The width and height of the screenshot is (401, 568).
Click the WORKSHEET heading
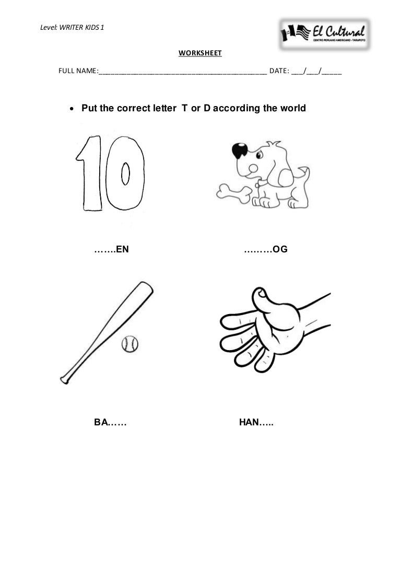pos(200,53)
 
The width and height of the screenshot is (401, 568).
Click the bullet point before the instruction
pos(72,109)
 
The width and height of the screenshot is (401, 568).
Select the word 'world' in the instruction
pos(293,108)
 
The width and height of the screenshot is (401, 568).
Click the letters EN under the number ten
pos(122,249)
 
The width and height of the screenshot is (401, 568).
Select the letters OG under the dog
pos(280,249)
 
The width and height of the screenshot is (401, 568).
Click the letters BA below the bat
pos(100,422)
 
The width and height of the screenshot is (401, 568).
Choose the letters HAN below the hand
pos(250,422)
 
